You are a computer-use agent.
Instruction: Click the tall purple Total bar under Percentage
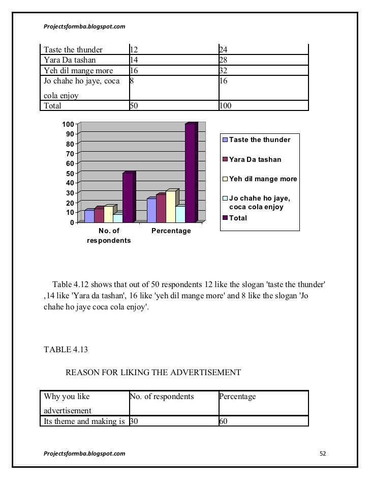[190, 173]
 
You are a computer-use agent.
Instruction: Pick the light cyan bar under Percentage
[180, 214]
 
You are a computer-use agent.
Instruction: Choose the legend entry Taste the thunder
[259, 139]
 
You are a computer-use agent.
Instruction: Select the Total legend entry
[238, 218]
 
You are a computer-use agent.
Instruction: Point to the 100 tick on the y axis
[68, 124]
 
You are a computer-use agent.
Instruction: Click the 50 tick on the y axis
[70, 173]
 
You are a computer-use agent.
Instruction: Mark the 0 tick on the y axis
[72, 222]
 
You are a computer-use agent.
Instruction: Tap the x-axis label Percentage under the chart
[171, 231]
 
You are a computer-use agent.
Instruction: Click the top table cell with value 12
[134, 50]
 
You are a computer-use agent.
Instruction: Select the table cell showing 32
[223, 70]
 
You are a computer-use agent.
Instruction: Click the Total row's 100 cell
[225, 106]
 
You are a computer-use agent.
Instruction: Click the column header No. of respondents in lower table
[162, 397]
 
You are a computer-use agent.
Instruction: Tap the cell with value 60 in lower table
[223, 421]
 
